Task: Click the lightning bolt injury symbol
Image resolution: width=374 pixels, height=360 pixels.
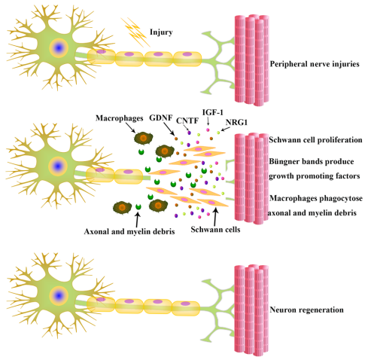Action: tap(135, 32)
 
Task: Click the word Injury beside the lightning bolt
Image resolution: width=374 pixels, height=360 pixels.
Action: tap(161, 32)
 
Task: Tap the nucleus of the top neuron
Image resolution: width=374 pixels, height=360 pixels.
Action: tap(59, 47)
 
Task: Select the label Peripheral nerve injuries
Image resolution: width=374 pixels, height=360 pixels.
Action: tap(315, 64)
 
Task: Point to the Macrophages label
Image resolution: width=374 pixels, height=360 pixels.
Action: tap(119, 118)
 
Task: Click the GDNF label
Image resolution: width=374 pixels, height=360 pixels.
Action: tap(161, 117)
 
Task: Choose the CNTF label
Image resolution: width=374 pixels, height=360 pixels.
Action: tap(187, 121)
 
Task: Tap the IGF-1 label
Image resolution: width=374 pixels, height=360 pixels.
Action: tap(213, 112)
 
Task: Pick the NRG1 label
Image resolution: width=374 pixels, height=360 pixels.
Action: tap(236, 122)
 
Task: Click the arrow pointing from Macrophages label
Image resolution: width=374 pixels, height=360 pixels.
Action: tap(130, 128)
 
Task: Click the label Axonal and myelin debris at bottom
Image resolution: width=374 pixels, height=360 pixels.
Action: tap(129, 231)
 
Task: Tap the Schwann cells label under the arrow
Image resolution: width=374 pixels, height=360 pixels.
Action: tap(215, 229)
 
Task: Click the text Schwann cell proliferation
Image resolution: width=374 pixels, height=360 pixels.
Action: tap(315, 140)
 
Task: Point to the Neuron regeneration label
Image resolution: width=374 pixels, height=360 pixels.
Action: tap(306, 310)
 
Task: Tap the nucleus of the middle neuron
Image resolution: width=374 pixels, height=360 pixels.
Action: tap(58, 166)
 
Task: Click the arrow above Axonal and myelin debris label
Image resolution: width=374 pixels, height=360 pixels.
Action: tap(137, 220)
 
